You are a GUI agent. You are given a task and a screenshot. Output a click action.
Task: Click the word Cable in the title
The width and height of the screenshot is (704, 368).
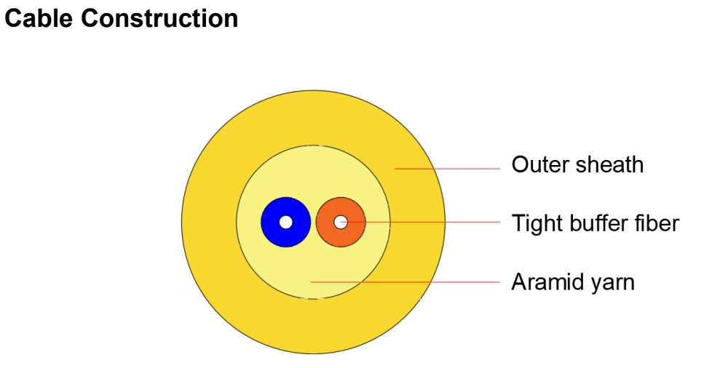(x=39, y=18)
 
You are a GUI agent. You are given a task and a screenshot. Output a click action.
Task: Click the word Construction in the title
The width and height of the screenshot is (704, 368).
(x=159, y=18)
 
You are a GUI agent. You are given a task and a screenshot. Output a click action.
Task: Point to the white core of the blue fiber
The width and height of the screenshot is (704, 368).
(x=286, y=222)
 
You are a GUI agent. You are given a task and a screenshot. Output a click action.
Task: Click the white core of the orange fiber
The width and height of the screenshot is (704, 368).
(x=341, y=222)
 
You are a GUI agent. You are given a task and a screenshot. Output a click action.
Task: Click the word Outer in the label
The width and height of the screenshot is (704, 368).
(x=541, y=164)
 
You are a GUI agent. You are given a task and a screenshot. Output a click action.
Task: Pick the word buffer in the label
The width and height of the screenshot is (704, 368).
(x=598, y=223)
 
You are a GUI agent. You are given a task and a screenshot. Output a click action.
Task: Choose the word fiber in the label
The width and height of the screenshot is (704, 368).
(x=657, y=223)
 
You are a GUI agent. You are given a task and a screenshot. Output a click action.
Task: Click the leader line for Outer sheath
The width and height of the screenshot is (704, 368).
(x=447, y=169)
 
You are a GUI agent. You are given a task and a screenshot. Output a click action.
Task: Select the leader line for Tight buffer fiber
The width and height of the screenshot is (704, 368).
(x=420, y=222)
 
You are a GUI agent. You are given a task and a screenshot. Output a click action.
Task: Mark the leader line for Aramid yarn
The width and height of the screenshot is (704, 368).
(x=406, y=282)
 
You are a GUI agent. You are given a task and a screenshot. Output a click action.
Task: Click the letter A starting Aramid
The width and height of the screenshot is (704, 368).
(x=520, y=282)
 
